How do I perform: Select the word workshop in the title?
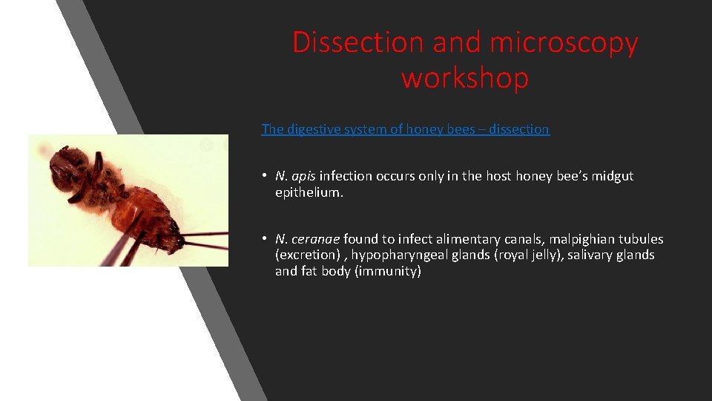point(465,77)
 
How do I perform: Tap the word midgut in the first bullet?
point(612,176)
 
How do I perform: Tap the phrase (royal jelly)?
point(523,255)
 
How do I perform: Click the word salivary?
point(591,255)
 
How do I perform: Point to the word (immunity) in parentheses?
point(385,272)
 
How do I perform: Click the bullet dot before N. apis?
point(264,177)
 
